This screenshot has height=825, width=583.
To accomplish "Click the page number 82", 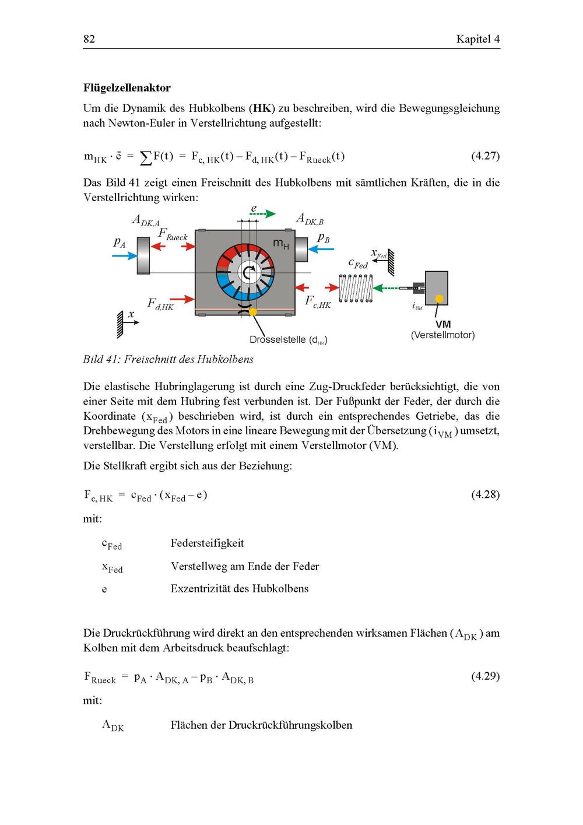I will tap(89, 39).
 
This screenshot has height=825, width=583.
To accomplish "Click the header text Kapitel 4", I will tap(477, 39).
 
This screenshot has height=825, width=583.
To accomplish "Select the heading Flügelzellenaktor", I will tap(127, 88).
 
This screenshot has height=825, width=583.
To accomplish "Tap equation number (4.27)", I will tap(485, 156).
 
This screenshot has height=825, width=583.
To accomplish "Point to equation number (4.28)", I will tap(485, 494).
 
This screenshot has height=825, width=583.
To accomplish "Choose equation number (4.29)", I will tap(485, 676).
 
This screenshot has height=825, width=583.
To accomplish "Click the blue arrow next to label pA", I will tap(124, 255).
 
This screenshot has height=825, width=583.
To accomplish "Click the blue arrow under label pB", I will tap(321, 250).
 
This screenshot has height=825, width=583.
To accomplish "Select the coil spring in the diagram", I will tap(356, 288).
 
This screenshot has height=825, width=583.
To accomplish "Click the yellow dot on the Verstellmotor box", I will tap(439, 299).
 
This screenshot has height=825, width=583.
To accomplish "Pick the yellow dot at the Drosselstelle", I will tap(252, 312).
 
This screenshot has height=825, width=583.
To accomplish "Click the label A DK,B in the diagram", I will tap(310, 219).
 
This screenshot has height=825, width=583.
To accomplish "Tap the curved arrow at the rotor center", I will tap(250, 271).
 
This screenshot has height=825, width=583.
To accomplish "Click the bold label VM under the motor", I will tap(443, 324).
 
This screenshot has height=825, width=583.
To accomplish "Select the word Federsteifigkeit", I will tap(207, 543).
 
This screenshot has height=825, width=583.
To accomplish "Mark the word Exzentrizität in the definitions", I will tap(201, 588).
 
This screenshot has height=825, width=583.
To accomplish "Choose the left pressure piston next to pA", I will tap(143, 255).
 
